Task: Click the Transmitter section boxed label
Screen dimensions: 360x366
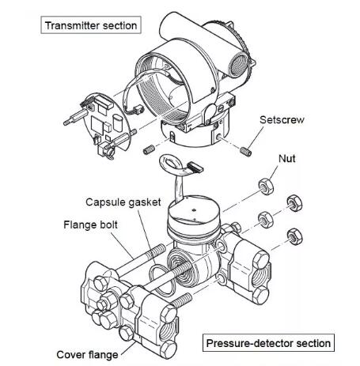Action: pyautogui.click(x=91, y=25)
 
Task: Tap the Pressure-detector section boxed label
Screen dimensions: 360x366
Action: pyautogui.click(x=268, y=343)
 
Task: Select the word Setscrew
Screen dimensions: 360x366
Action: pyautogui.click(x=282, y=120)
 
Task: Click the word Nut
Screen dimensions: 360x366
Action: pyautogui.click(x=287, y=159)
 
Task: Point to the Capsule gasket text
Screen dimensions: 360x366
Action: pyautogui.click(x=123, y=202)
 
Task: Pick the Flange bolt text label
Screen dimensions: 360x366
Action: pyautogui.click(x=90, y=225)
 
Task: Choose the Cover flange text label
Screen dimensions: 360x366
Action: pyautogui.click(x=87, y=355)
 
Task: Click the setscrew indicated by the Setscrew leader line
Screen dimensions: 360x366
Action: pyautogui.click(x=246, y=152)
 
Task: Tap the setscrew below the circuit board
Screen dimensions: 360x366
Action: pyautogui.click(x=149, y=149)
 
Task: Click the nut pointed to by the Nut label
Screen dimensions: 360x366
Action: pyautogui.click(x=266, y=187)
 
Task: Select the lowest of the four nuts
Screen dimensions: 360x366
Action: pyautogui.click(x=295, y=236)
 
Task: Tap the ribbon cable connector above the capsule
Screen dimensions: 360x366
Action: pyautogui.click(x=195, y=167)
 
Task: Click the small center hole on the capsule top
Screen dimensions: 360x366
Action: pyautogui.click(x=194, y=210)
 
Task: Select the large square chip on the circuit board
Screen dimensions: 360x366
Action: pyautogui.click(x=97, y=124)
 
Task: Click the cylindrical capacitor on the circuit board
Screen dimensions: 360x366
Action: pyautogui.click(x=117, y=123)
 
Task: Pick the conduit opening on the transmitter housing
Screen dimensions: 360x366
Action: pyautogui.click(x=238, y=65)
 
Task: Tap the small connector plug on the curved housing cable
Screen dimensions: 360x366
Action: pyautogui.click(x=138, y=109)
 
